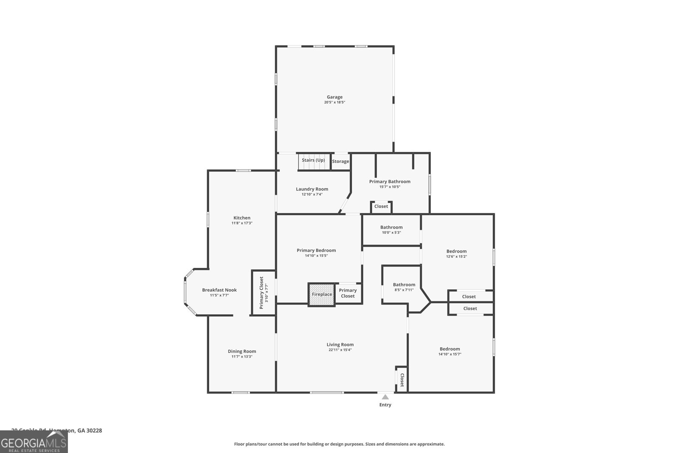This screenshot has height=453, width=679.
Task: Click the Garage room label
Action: point(334,97)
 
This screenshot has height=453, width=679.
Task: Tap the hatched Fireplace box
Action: point(322,294)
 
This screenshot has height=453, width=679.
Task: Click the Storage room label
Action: point(340,161)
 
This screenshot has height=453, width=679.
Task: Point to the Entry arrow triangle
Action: point(385,397)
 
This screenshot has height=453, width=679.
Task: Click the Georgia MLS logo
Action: point(34,442)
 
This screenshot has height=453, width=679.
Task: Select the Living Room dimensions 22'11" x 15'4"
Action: point(340,350)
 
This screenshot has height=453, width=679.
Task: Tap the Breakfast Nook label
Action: point(219,290)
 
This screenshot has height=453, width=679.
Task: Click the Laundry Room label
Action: point(312,189)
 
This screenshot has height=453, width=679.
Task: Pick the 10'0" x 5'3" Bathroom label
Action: point(391,227)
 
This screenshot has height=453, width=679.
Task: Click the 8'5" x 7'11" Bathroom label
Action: point(404,285)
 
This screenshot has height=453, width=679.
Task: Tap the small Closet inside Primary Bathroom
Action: point(381,206)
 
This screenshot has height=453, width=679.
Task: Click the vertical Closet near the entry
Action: point(402,380)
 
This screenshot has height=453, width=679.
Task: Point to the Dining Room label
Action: point(242,351)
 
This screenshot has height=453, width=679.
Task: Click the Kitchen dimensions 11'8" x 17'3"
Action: point(242,223)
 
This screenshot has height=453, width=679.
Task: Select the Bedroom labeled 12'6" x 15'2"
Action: point(456,251)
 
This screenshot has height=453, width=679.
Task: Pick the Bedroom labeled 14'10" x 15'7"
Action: point(450,349)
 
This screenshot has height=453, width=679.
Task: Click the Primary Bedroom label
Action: point(316,250)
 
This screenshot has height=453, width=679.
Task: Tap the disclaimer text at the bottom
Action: point(339,444)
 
